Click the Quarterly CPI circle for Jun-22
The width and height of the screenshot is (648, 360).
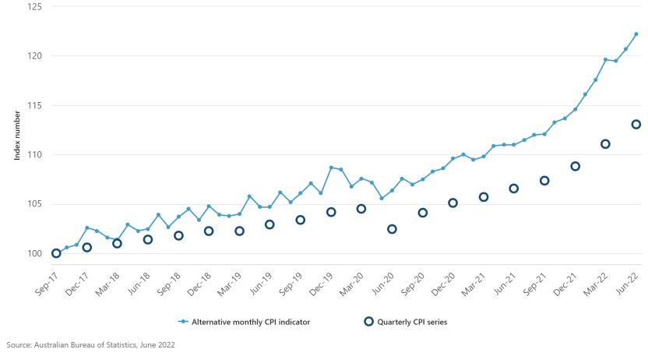[636, 125]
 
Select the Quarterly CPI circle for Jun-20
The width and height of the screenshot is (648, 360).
[392, 229]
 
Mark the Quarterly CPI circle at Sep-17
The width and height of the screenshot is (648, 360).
[56, 253]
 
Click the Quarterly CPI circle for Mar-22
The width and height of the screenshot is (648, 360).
[605, 144]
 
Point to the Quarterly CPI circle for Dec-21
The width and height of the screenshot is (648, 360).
[575, 166]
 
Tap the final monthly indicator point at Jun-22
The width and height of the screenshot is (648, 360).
[636, 34]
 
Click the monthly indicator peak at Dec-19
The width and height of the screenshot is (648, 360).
[331, 168]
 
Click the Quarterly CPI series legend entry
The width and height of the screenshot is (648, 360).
[405, 321]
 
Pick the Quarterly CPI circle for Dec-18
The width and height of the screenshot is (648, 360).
[209, 231]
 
